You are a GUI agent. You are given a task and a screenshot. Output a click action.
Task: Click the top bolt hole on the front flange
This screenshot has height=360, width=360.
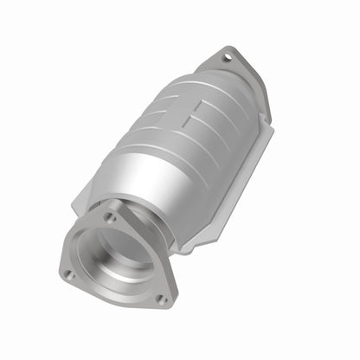tap(111, 218)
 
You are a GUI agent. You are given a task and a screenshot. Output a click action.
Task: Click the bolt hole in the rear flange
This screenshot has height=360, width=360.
tap(228, 59)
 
